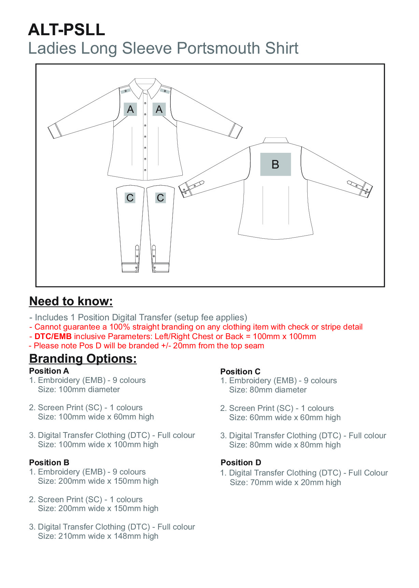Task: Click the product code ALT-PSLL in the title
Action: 67,30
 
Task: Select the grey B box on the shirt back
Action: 276,164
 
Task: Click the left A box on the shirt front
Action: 130,109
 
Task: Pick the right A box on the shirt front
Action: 159,109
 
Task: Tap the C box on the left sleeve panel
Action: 130,198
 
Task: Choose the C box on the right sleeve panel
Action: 160,198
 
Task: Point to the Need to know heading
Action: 71,301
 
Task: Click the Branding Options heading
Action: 83,359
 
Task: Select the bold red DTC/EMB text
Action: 53,336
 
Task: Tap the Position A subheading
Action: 49,371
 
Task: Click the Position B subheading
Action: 49,463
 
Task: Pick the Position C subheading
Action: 240,372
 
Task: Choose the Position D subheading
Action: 241,463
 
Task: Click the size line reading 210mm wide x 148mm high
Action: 98,536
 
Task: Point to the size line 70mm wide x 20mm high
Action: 285,482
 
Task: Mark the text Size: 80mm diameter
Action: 268,390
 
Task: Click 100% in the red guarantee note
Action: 120,327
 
